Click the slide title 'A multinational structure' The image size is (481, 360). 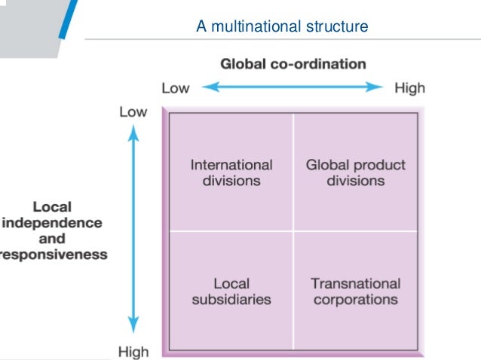pos(282,28)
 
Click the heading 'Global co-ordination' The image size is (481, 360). pos(293,64)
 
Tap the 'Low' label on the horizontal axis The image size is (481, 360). pos(176,88)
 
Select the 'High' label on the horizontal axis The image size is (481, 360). pos(409,88)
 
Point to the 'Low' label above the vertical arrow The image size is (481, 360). pos(133,111)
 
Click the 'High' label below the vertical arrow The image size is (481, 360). pos(133,351)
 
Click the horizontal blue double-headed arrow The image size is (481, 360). pos(293,87)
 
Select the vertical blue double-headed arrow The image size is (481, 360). pos(133,230)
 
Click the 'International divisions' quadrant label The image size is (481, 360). pos(231,172)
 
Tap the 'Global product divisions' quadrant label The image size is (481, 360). pos(356,172)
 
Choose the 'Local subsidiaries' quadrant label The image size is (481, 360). pos(231,291)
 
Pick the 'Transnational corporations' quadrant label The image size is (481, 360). pos(355,291)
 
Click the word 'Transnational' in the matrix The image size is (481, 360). pos(355,284)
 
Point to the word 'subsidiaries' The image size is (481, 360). pos(231,299)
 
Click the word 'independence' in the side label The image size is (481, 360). pos(53,223)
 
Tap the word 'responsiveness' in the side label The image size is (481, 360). pos(54,255)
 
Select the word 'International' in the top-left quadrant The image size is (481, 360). pos(231,165)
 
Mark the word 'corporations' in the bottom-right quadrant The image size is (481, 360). pos(355,299)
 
